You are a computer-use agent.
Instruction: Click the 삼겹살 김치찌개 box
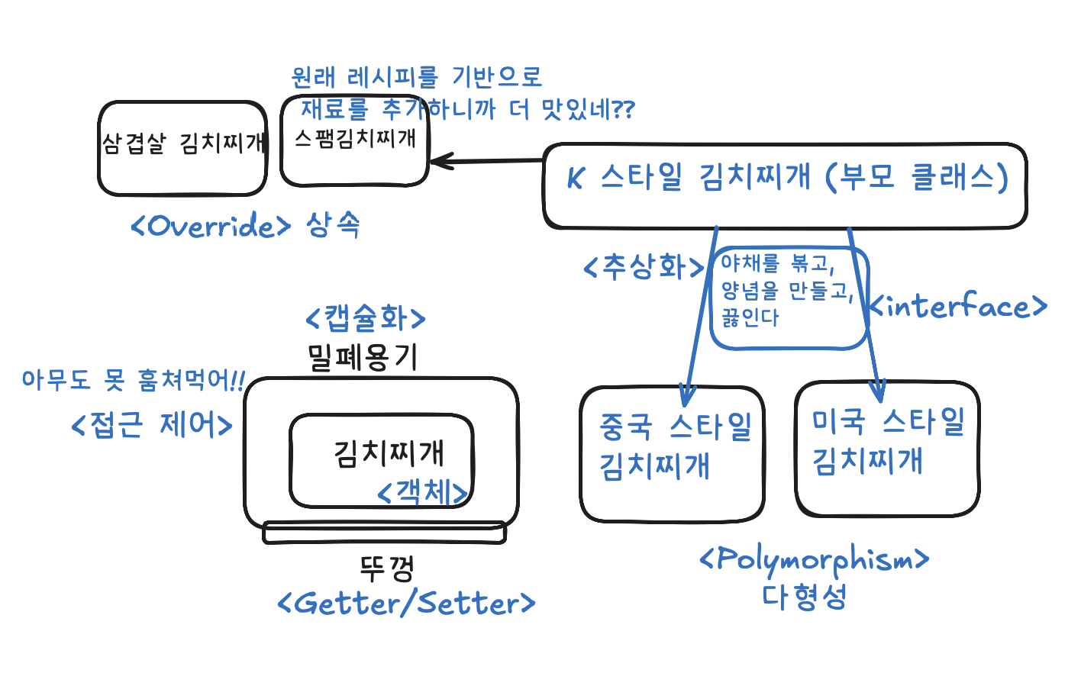182,147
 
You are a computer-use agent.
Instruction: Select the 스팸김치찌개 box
355,140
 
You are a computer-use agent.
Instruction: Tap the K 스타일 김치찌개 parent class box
785,185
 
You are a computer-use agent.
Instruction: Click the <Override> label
211,227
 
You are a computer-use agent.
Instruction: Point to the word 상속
333,224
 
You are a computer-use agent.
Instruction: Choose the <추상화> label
644,267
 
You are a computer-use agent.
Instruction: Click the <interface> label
959,307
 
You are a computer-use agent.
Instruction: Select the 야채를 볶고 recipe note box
789,298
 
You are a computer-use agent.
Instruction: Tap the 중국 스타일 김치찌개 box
672,454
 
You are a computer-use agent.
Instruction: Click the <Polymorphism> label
814,561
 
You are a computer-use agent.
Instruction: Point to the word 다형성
804,597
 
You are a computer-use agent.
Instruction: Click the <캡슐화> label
365,318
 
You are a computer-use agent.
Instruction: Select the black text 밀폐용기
363,356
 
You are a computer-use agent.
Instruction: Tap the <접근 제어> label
151,425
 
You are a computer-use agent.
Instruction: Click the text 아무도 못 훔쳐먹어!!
133,379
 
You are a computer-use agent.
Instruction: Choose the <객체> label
422,492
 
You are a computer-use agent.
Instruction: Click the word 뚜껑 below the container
386,568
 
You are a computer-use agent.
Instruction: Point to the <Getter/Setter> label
406,604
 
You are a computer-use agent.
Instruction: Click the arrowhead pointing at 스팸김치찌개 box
438,161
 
